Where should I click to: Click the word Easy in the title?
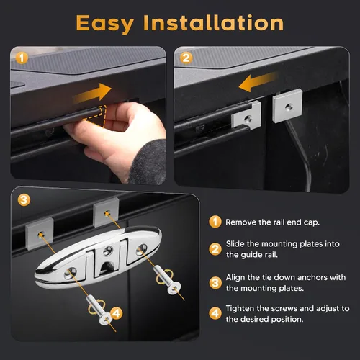click(x=105, y=24)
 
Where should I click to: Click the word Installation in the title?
click(x=214, y=22)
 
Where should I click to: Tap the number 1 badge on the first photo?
click(x=22, y=58)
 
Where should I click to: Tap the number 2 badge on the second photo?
click(x=186, y=58)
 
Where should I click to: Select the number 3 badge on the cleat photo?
click(x=24, y=199)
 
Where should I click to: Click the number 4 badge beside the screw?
click(x=116, y=313)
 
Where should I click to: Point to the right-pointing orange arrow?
click(x=93, y=93)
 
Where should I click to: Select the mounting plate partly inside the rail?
click(x=246, y=115)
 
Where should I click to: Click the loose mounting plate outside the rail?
click(x=287, y=106)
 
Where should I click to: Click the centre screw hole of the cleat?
click(x=108, y=251)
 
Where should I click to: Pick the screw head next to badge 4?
click(x=106, y=318)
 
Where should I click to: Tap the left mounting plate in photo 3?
click(x=40, y=233)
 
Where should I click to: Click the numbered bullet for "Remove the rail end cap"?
click(x=215, y=222)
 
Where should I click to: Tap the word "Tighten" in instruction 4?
click(x=240, y=309)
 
